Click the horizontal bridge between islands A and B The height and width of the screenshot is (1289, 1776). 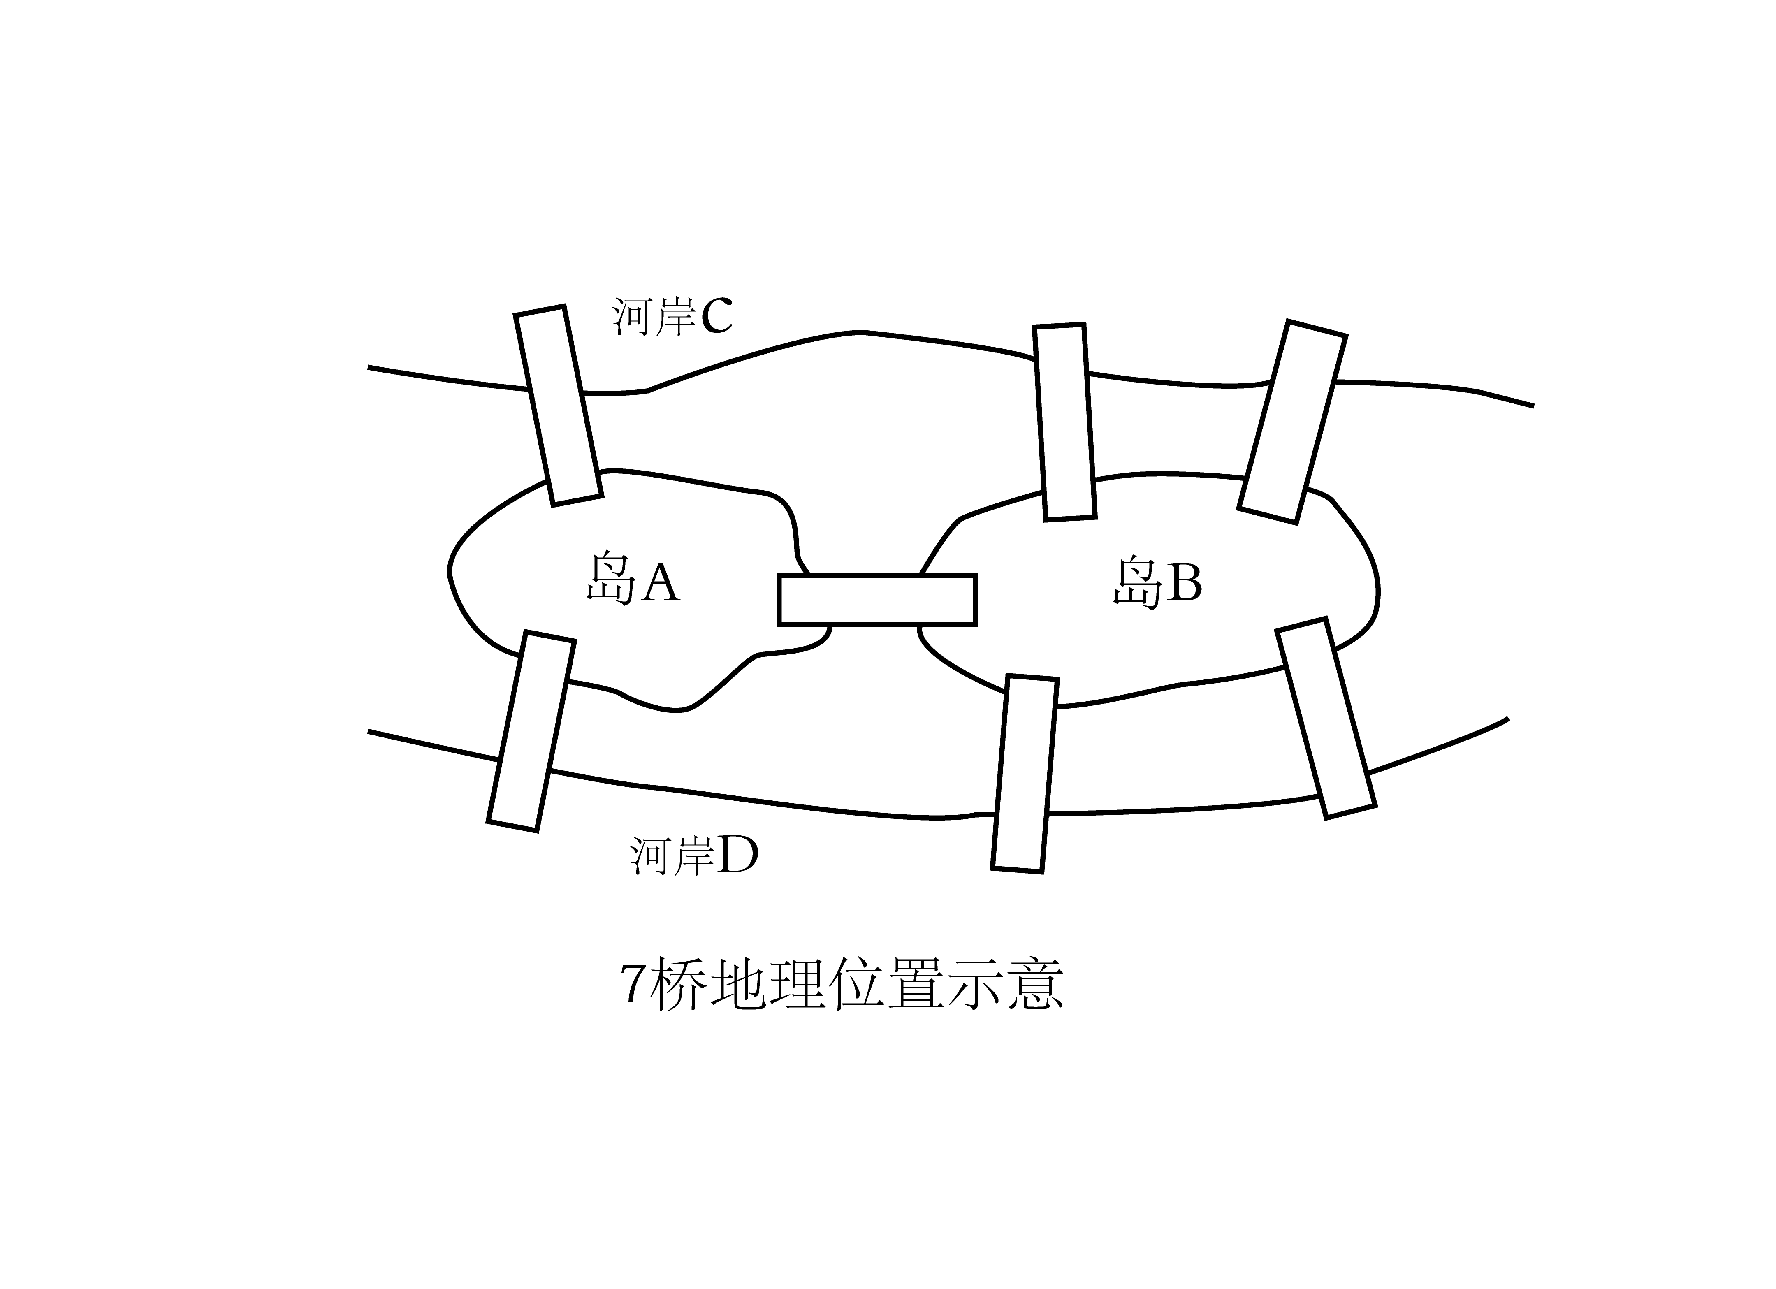(x=877, y=600)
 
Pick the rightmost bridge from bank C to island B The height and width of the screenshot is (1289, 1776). (x=1292, y=421)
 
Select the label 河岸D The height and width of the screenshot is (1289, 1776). (x=694, y=856)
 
